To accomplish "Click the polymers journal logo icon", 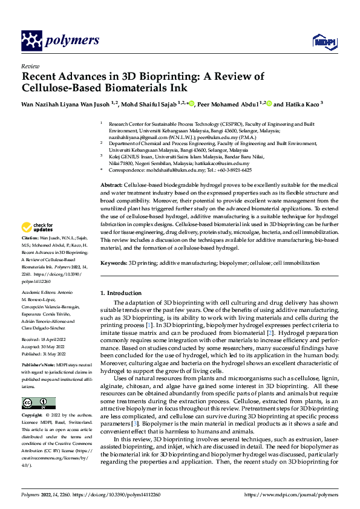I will pos(31,41).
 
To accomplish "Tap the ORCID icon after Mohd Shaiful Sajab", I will pos(192,104).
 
